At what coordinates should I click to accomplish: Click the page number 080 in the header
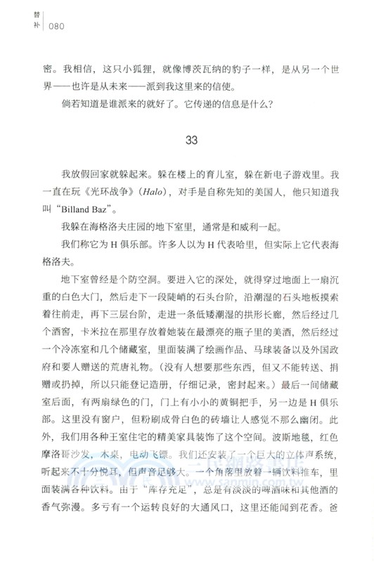[x=63, y=27]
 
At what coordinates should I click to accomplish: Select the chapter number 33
[x=192, y=140]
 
